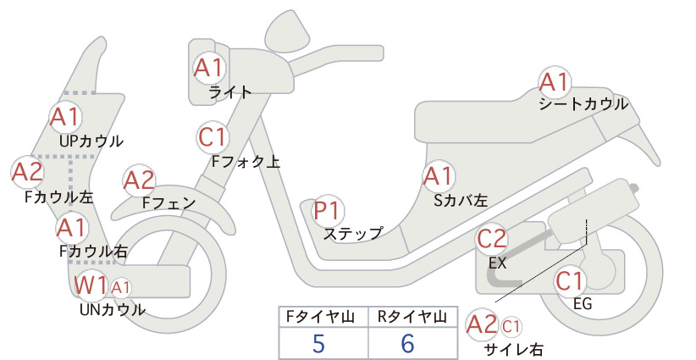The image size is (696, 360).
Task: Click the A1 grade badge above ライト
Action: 209,68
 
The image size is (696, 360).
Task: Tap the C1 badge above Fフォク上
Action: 213,137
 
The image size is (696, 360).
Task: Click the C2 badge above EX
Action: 492,239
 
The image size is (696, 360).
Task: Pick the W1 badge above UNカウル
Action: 91,285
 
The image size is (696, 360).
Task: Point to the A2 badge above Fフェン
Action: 140,180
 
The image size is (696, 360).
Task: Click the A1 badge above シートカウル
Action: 555,82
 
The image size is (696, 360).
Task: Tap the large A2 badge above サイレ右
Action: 482,324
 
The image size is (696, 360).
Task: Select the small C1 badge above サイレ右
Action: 511,327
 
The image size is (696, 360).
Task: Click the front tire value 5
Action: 318,343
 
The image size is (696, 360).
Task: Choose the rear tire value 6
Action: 407,343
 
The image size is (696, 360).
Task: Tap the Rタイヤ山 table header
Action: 413,317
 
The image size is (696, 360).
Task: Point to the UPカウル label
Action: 91,141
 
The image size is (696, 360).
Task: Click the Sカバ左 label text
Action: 461,201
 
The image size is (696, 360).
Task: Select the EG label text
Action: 583,304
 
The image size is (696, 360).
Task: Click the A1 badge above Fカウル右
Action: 72,228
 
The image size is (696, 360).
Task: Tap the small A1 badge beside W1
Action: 121,288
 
